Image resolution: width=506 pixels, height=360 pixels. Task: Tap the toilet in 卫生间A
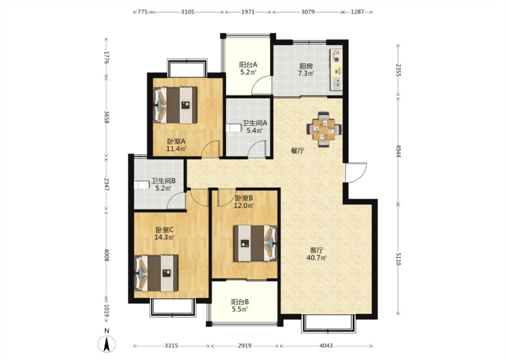click(x=233, y=128)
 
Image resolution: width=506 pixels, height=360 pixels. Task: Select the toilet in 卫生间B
click(x=142, y=185)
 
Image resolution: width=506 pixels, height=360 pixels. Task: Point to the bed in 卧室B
click(x=255, y=243)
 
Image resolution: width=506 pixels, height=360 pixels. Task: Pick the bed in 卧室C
click(x=156, y=273)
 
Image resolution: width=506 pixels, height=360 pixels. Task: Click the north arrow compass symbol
click(x=107, y=343)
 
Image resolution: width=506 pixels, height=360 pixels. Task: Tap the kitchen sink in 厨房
click(x=336, y=84)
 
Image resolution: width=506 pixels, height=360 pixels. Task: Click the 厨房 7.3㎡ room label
click(x=306, y=70)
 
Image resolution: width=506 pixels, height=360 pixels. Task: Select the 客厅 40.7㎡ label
click(x=317, y=254)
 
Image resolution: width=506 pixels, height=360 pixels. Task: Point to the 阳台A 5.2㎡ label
click(x=248, y=68)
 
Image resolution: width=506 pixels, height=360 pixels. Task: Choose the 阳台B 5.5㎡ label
click(x=240, y=306)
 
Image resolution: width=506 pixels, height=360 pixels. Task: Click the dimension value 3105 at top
click(x=188, y=12)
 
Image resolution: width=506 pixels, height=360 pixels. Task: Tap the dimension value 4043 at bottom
click(x=326, y=346)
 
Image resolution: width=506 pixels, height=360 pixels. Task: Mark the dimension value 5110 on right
click(x=398, y=259)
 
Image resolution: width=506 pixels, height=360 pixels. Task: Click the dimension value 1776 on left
click(x=107, y=58)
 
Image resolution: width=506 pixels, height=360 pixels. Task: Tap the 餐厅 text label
click(x=297, y=150)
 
